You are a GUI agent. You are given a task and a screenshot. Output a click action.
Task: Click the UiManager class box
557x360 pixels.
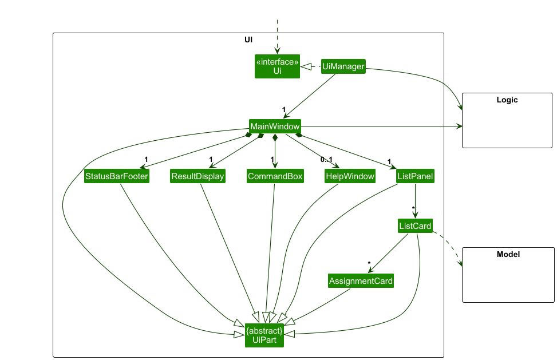tap(343, 66)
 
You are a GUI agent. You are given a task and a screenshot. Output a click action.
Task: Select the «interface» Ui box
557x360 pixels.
tap(278, 66)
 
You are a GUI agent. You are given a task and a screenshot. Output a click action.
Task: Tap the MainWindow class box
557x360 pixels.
tap(275, 126)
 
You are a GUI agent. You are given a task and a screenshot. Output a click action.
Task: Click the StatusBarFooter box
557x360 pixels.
tap(117, 176)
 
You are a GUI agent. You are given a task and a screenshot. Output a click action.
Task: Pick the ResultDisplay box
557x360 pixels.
tap(198, 176)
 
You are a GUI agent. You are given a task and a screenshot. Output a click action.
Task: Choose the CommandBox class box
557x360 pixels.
tap(275, 176)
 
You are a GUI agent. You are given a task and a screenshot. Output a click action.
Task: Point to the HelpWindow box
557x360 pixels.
tap(350, 176)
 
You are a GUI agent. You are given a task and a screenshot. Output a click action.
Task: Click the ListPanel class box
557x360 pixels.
tap(415, 176)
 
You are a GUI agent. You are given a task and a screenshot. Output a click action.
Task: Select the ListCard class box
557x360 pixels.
tap(415, 226)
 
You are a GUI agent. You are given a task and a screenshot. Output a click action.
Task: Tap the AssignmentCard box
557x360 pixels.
tap(361, 281)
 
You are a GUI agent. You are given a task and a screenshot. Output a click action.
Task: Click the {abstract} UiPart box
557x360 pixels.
tap(264, 335)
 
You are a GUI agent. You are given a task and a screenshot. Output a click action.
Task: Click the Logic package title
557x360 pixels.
tap(507, 100)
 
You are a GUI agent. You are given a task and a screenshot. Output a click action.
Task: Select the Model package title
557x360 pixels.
tap(508, 254)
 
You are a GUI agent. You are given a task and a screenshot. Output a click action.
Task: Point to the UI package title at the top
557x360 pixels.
tap(248, 40)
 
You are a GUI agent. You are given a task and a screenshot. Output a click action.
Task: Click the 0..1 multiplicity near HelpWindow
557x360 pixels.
tap(326, 161)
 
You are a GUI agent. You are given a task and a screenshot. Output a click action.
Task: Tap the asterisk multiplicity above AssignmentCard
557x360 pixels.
tap(369, 264)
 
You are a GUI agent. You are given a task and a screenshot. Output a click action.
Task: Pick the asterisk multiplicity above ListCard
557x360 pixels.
tap(413, 208)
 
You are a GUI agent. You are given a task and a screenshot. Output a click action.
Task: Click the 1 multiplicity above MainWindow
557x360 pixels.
tap(283, 109)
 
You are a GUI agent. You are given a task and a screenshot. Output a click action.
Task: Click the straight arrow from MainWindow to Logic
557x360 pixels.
tap(378, 126)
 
